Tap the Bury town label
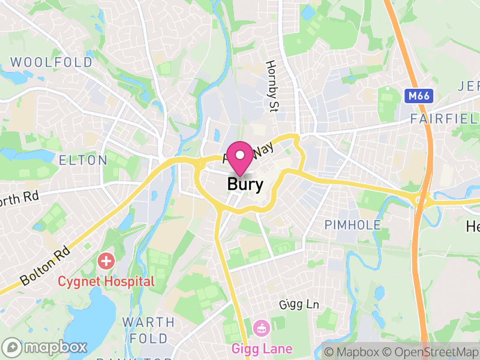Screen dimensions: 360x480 click(245, 184)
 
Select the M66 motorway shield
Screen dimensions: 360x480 click(418, 96)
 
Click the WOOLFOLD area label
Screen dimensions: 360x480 click(52, 62)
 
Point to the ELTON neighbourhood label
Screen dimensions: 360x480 click(83, 160)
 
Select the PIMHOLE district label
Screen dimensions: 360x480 click(353, 225)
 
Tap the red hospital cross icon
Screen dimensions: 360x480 click(106, 262)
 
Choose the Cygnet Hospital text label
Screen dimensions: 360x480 click(106, 281)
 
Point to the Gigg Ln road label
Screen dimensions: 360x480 click(299, 305)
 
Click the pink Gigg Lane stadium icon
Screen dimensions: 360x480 click(262, 328)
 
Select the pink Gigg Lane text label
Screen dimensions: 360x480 click(262, 349)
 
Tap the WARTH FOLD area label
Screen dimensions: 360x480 click(149, 330)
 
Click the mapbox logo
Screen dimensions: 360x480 click(46, 347)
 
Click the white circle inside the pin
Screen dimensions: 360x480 click(241, 155)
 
